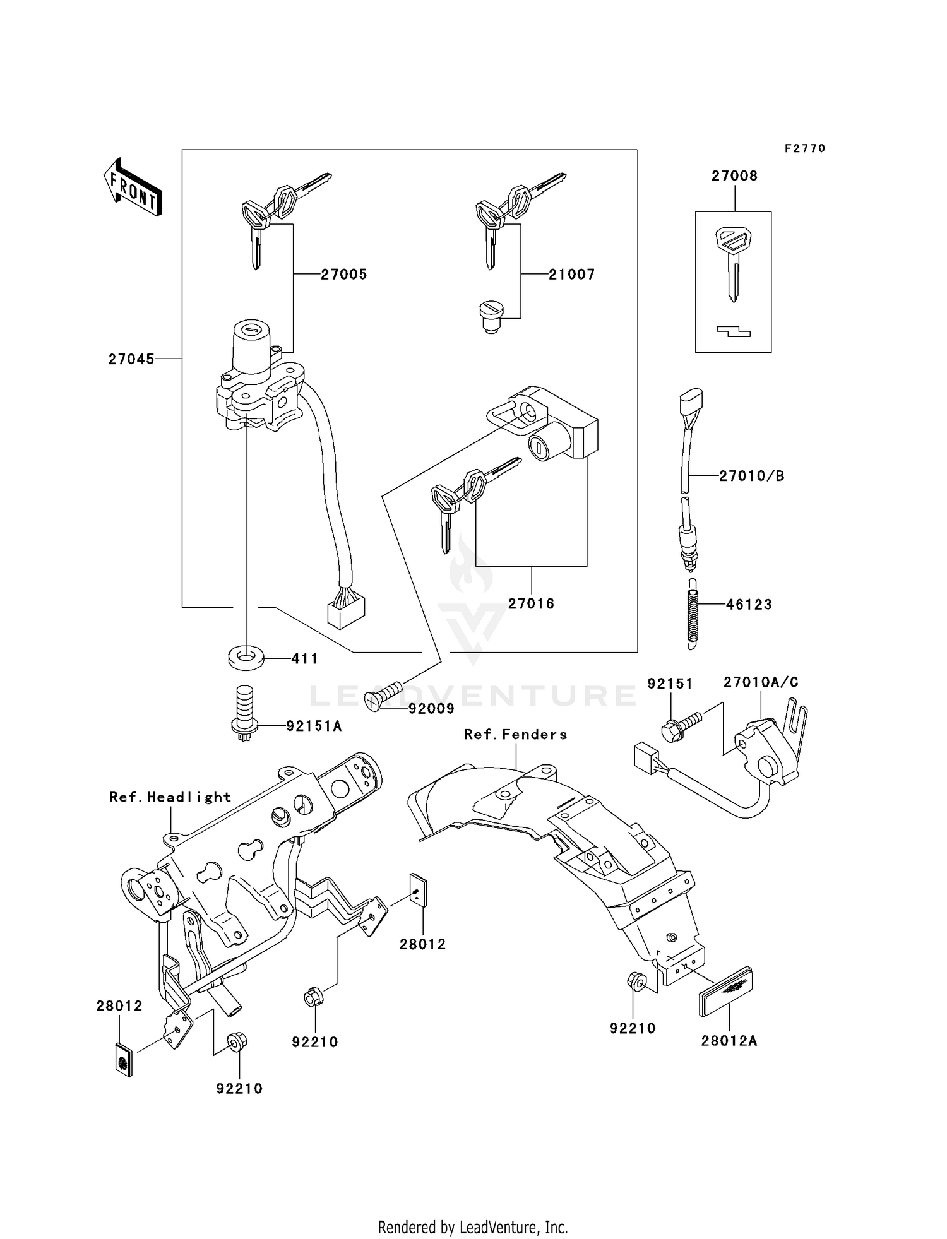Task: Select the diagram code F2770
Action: (x=805, y=148)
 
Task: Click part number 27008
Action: (x=734, y=176)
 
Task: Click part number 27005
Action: (x=343, y=275)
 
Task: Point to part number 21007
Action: (x=571, y=275)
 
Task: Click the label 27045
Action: (x=131, y=359)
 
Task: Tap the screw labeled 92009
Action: (x=385, y=696)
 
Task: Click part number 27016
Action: (x=531, y=604)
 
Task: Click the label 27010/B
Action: (x=751, y=477)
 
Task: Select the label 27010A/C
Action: (x=761, y=682)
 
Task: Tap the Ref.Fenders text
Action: (x=515, y=735)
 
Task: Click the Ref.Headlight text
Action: (x=170, y=797)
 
